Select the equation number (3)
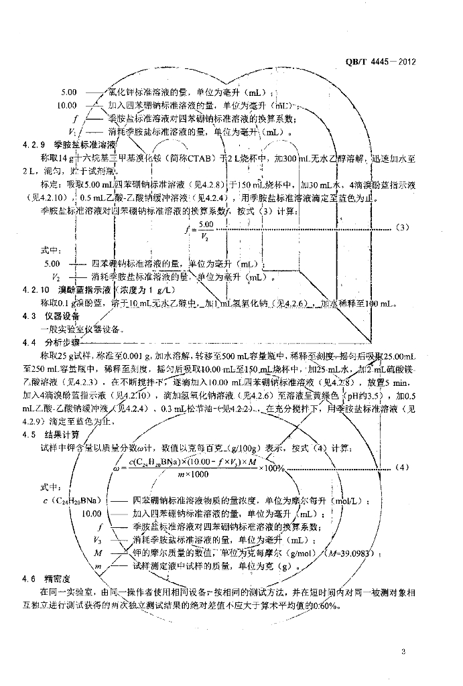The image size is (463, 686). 402,228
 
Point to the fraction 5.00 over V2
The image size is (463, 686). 205,229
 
